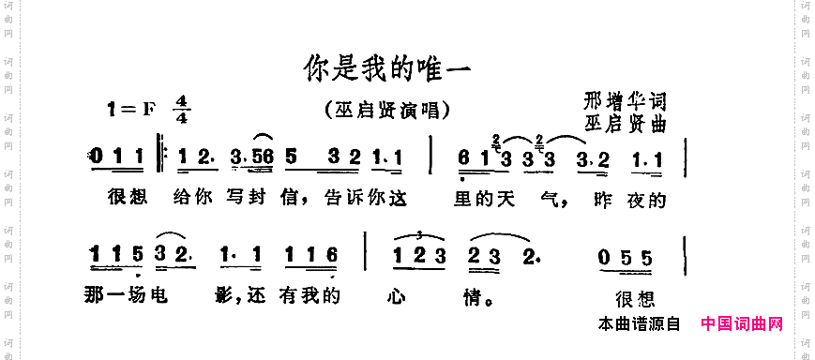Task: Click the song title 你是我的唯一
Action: [x=385, y=67]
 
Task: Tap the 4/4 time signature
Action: [x=181, y=110]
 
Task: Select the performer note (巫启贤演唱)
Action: [x=385, y=109]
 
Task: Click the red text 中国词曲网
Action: [x=742, y=324]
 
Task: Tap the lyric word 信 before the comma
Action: [x=292, y=200]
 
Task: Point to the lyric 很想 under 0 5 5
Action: [x=633, y=300]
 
